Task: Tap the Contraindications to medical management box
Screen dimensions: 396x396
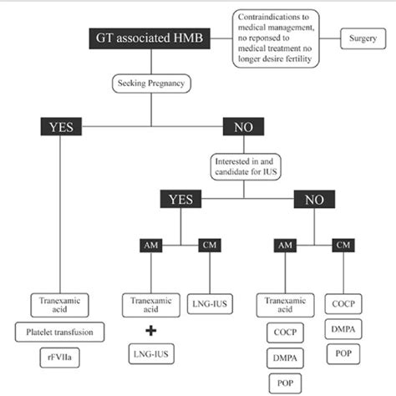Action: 277,38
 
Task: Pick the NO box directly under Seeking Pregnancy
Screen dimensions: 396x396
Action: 241,127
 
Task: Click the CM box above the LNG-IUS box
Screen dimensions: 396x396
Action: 210,245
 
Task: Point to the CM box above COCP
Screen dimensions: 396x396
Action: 343,245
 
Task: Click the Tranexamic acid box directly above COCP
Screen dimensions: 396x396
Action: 282,306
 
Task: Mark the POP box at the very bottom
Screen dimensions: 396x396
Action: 282,382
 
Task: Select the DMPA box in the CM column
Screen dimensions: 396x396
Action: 343,331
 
